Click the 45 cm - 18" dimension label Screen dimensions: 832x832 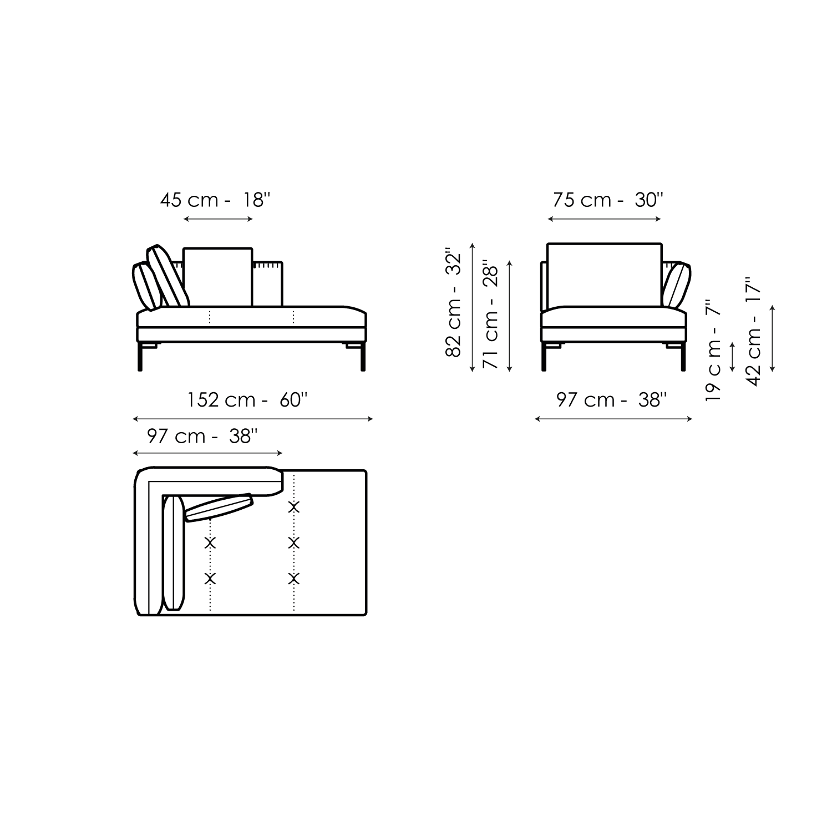(x=215, y=200)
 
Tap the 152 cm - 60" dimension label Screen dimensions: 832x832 (x=247, y=399)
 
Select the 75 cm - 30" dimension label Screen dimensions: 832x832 (x=608, y=200)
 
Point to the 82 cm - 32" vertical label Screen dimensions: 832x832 (x=454, y=305)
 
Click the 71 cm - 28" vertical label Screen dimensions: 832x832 (x=491, y=314)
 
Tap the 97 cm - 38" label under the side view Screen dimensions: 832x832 (x=611, y=399)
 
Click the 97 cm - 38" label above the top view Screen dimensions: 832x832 (x=202, y=436)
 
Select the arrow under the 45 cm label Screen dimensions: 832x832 (x=218, y=220)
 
